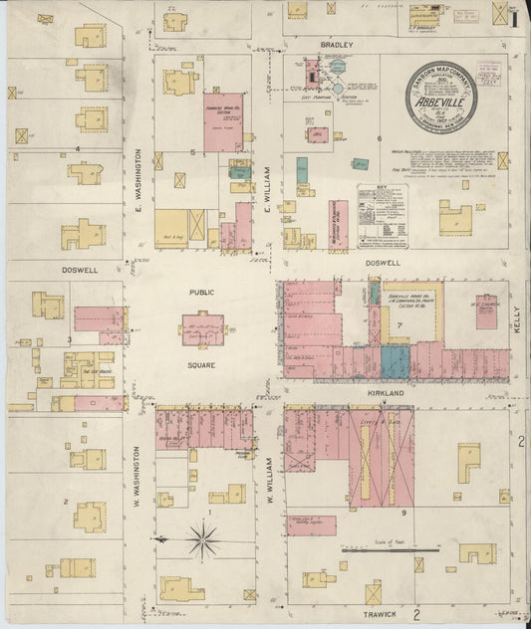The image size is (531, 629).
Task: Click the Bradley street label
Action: pos(331,46)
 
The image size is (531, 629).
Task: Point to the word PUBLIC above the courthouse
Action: pos(202,293)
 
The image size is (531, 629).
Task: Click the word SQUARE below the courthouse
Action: pos(202,365)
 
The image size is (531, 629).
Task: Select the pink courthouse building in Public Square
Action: pos(202,329)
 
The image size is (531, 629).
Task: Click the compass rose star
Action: pos(203,540)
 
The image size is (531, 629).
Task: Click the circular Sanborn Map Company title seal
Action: pos(441,97)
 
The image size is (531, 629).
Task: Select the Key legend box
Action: pos(383,215)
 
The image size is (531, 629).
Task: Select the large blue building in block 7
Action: pos(396,359)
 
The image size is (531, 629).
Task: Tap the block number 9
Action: pos(403,513)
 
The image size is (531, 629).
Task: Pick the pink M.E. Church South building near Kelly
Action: pos(486,312)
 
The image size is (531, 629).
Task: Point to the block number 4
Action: pos(76,149)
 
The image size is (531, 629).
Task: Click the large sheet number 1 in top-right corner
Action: pos(514,17)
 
